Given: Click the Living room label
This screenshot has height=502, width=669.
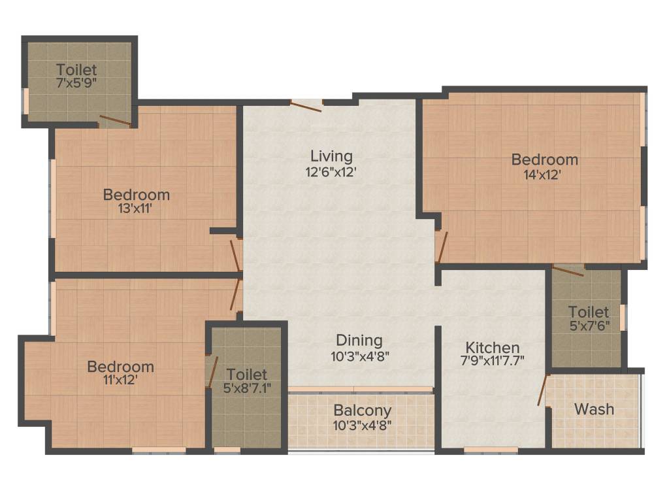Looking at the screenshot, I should [x=331, y=156].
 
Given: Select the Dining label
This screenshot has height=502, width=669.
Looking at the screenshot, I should [x=359, y=341].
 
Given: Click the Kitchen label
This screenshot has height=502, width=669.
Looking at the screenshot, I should [x=493, y=347].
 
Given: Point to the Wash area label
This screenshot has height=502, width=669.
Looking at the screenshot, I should [x=594, y=409].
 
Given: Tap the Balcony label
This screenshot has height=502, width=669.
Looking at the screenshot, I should [x=363, y=411].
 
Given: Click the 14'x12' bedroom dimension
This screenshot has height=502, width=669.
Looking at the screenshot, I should [x=544, y=175].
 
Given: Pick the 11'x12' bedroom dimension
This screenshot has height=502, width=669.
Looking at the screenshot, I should [x=120, y=380].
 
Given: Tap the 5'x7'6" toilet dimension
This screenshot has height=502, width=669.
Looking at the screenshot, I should [x=588, y=326].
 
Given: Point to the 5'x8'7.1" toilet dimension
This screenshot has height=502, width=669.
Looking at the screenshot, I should [x=246, y=388].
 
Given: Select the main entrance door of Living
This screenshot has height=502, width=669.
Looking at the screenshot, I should [x=306, y=105].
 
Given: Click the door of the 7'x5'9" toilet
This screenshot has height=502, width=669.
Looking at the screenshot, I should [x=114, y=121].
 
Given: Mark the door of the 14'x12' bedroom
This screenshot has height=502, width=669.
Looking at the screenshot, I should [x=442, y=246].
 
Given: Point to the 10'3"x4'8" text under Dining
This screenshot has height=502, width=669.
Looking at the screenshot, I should [x=359, y=356].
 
